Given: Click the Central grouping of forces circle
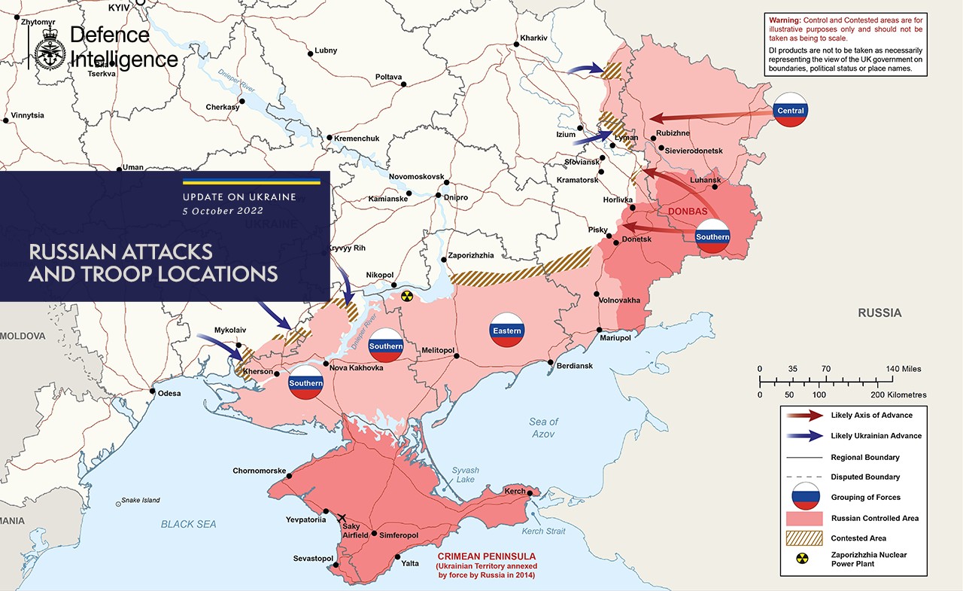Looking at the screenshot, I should [791, 110].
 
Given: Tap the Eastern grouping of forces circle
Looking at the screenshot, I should [506, 330].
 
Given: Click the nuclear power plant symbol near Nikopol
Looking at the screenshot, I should [407, 297].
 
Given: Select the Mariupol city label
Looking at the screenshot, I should [615, 338].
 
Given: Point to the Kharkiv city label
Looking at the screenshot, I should [532, 38].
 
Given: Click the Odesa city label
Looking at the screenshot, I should [169, 393].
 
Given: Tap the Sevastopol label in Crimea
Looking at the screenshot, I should [313, 558].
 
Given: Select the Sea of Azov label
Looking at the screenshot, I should [543, 428].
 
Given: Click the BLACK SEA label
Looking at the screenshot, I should [188, 524].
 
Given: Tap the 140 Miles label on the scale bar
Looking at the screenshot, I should [904, 369].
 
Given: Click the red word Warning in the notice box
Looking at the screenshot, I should [784, 19].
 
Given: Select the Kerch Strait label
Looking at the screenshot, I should [543, 532].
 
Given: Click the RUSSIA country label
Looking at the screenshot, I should [879, 312].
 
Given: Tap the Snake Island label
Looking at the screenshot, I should [141, 500].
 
